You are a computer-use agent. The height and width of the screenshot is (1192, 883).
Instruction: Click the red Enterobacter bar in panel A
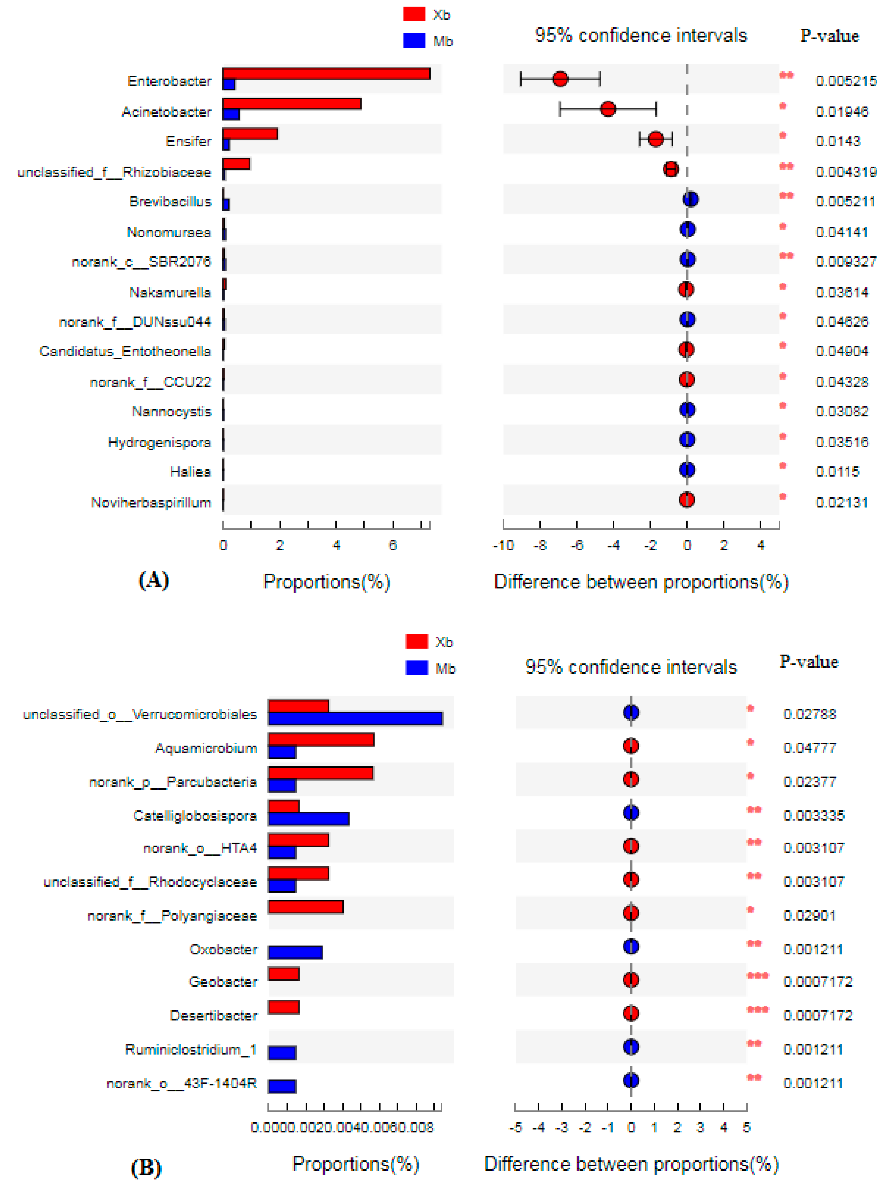click(x=326, y=74)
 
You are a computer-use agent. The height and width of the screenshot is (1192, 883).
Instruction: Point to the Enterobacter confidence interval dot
click(x=560, y=79)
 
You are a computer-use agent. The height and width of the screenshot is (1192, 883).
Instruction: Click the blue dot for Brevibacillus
click(x=691, y=199)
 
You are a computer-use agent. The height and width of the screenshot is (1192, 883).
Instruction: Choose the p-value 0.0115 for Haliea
click(x=837, y=471)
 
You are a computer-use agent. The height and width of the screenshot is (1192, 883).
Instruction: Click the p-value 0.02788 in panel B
click(x=809, y=714)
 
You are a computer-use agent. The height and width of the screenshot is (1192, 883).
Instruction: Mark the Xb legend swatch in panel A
click(x=414, y=14)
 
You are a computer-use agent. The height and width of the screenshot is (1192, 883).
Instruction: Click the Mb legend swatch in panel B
click(x=416, y=668)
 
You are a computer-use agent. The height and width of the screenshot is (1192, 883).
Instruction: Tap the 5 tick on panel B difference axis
click(x=746, y=1127)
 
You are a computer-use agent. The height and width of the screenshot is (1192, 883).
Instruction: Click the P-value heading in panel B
click(x=809, y=662)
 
